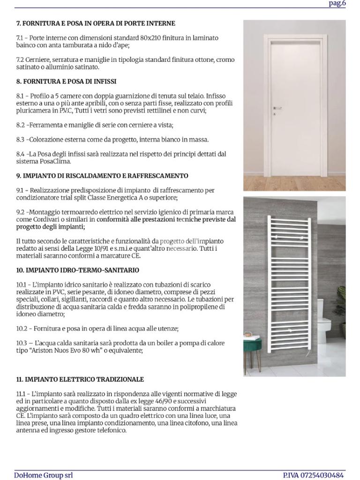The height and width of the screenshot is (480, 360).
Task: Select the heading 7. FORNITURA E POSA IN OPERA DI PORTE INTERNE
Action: tap(96, 23)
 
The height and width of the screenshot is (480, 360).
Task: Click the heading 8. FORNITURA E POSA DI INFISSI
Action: tap(67, 81)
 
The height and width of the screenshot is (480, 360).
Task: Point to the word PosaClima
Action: tap(55, 161)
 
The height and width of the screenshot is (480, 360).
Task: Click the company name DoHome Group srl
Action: tap(43, 475)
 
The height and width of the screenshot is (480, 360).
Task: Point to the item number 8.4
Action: tap(21, 154)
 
